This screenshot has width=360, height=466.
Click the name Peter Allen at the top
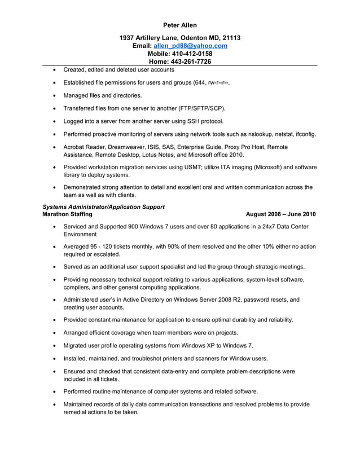coord(180,25)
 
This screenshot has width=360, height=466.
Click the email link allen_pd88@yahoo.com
coord(191,46)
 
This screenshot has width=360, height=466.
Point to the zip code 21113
coord(230,38)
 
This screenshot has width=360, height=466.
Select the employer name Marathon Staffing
coord(61,214)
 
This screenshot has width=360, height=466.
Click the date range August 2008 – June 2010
coord(281,214)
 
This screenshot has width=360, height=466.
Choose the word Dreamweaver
coord(128,147)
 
